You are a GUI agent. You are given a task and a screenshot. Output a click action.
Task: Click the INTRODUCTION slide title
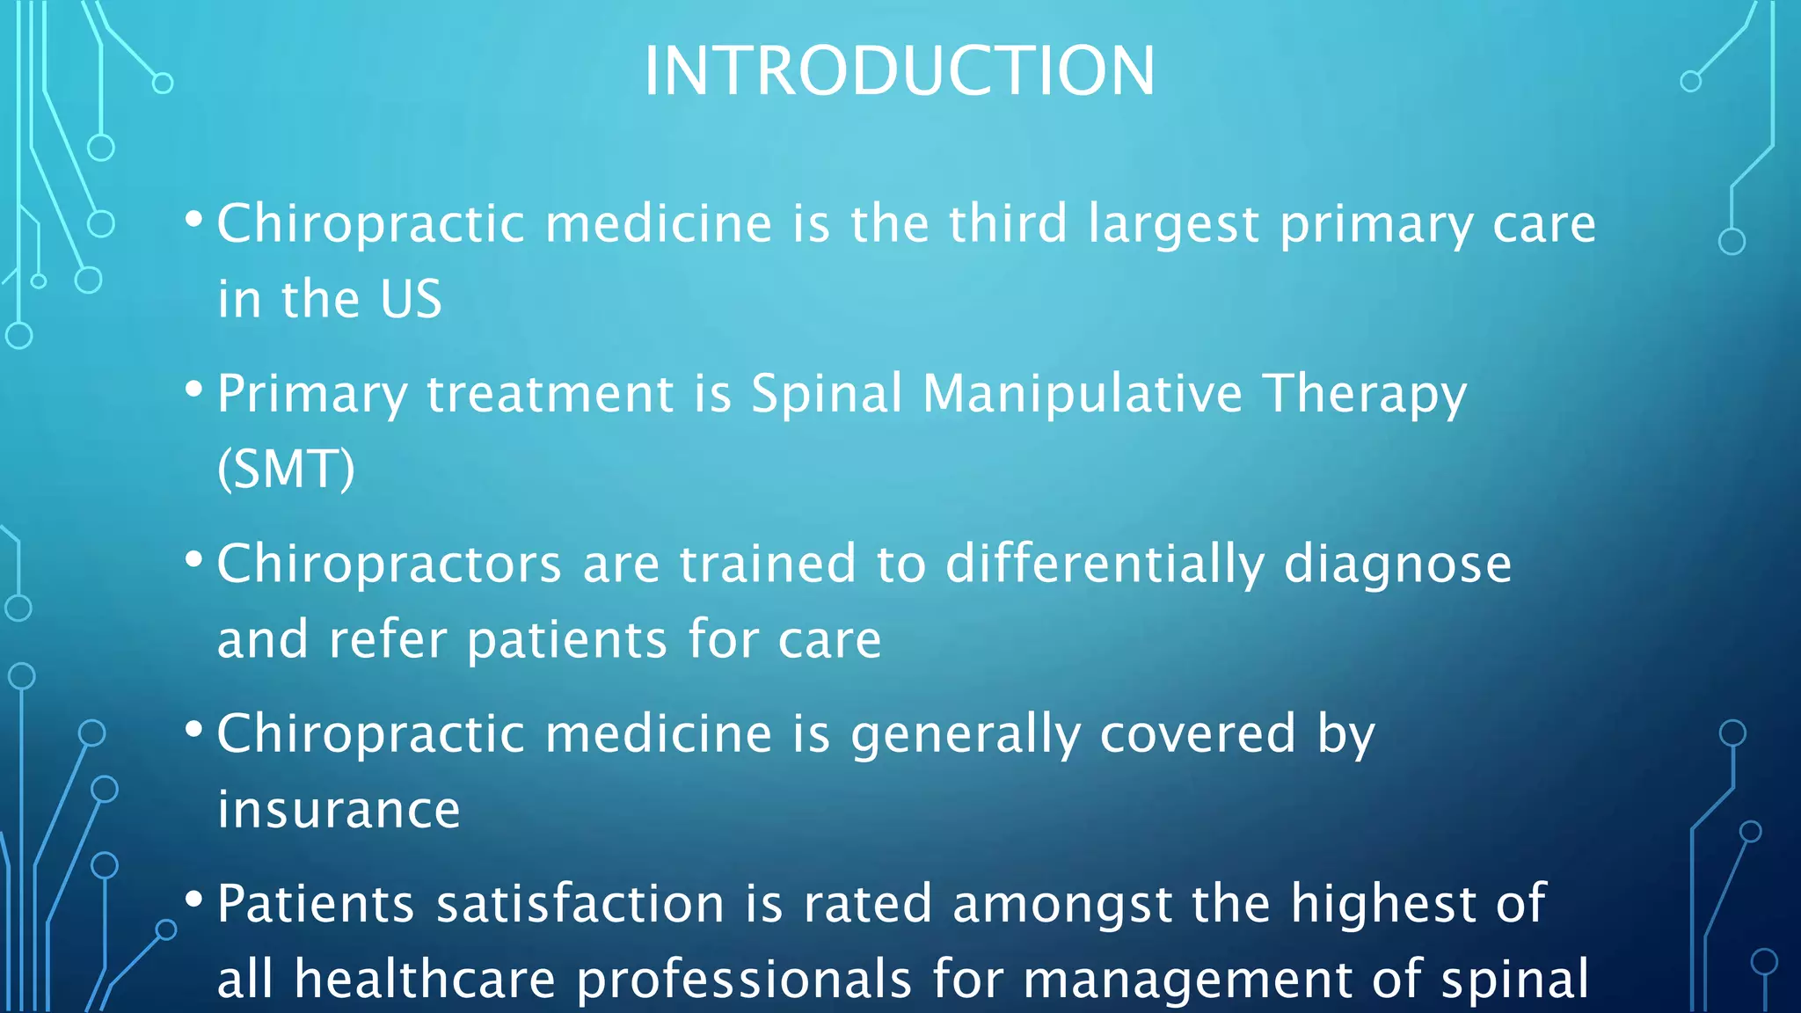coord(899,70)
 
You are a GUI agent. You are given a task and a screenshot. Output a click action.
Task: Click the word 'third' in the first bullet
coord(1008,223)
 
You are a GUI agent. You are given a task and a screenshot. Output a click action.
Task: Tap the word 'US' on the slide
coord(411,299)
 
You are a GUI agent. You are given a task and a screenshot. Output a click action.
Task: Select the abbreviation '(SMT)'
coord(286,469)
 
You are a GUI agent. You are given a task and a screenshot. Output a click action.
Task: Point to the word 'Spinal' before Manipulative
coord(826,393)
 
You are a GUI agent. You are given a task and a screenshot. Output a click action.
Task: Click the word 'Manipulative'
coord(1082,393)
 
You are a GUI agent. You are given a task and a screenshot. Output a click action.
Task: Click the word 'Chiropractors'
coord(389,564)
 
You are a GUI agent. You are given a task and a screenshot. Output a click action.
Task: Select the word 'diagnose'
coord(1397,564)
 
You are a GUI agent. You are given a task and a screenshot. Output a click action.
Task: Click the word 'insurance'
coord(339,809)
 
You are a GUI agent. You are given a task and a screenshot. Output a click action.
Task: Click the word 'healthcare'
coord(425,980)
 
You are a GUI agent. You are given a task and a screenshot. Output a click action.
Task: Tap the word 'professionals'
coord(744,980)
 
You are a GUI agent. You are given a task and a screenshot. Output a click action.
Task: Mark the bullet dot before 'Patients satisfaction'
coord(194,899)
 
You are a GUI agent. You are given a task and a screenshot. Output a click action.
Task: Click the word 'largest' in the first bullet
coord(1173,223)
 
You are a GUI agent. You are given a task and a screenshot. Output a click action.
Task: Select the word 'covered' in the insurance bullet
coord(1198,733)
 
